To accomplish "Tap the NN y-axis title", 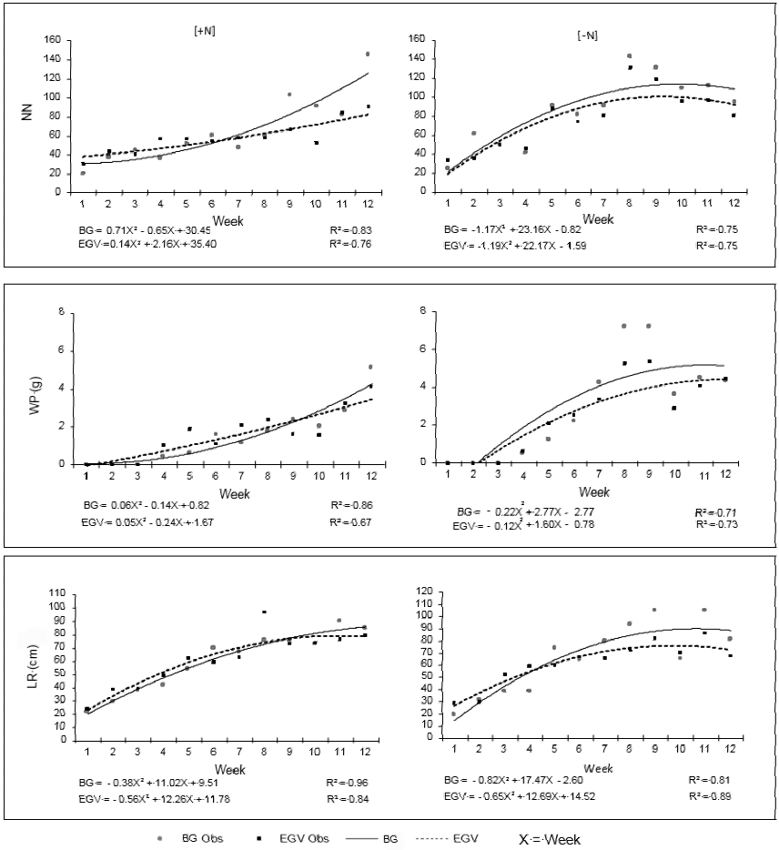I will [x=26, y=116].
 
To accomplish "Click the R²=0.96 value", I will [x=354, y=782].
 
